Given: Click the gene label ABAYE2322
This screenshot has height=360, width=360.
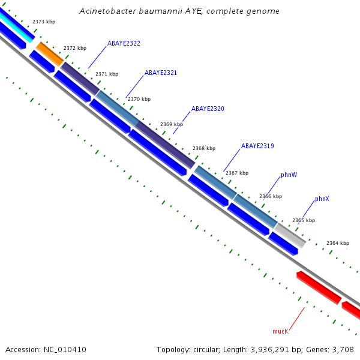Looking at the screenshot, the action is point(124,44).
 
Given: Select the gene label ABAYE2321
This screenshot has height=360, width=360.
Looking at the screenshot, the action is point(161,73).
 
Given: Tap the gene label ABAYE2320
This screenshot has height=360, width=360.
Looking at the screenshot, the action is point(208,109).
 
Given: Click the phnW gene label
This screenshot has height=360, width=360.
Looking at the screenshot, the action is point(289,175).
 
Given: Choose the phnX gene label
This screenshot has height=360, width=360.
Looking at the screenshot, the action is point(322,199).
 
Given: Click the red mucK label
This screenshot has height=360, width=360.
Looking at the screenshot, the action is point(280,331).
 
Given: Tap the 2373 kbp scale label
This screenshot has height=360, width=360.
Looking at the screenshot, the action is point(44,22).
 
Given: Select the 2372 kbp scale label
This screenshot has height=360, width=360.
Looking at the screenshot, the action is point(75,48).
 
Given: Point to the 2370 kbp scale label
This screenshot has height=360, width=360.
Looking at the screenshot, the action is point(139,99).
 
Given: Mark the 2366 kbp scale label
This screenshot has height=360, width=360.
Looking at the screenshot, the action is point(270,196).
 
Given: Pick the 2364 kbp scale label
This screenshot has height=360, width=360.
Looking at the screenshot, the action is point(337,243).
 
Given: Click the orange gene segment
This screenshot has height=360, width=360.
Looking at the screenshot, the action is point(49,53).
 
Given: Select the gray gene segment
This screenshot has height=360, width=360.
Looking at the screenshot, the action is point(290,234).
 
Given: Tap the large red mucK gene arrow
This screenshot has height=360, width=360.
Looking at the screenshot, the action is point(318,287).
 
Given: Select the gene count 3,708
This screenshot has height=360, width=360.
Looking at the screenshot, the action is point(342,349).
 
